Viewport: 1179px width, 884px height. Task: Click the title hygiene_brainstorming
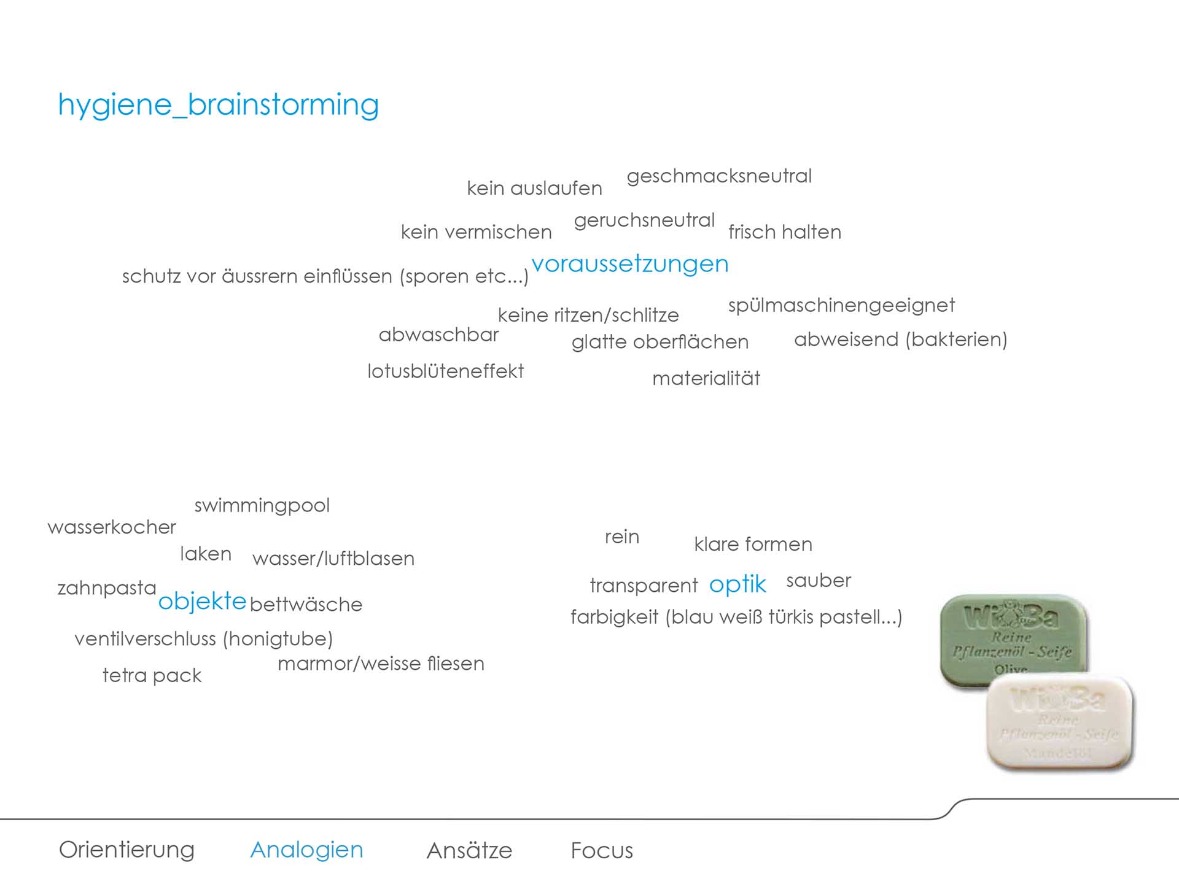tap(219, 106)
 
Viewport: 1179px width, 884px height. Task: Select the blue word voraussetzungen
tap(630, 264)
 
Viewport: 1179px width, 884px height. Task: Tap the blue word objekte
tap(202, 602)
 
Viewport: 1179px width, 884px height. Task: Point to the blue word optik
tap(737, 585)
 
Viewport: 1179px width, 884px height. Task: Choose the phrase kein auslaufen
tap(534, 188)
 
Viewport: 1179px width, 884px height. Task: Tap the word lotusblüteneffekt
tap(445, 371)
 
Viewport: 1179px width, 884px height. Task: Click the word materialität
tap(706, 378)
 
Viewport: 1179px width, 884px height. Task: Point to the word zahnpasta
tap(107, 589)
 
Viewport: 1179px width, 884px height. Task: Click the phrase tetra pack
tap(152, 676)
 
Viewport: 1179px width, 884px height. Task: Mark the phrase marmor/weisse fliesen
tap(381, 664)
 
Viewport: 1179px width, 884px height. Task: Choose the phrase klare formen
tap(753, 544)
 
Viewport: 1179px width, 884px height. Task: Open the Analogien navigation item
tap(307, 850)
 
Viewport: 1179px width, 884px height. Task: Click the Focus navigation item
tap(602, 851)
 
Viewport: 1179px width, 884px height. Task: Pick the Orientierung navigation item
tap(126, 850)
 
